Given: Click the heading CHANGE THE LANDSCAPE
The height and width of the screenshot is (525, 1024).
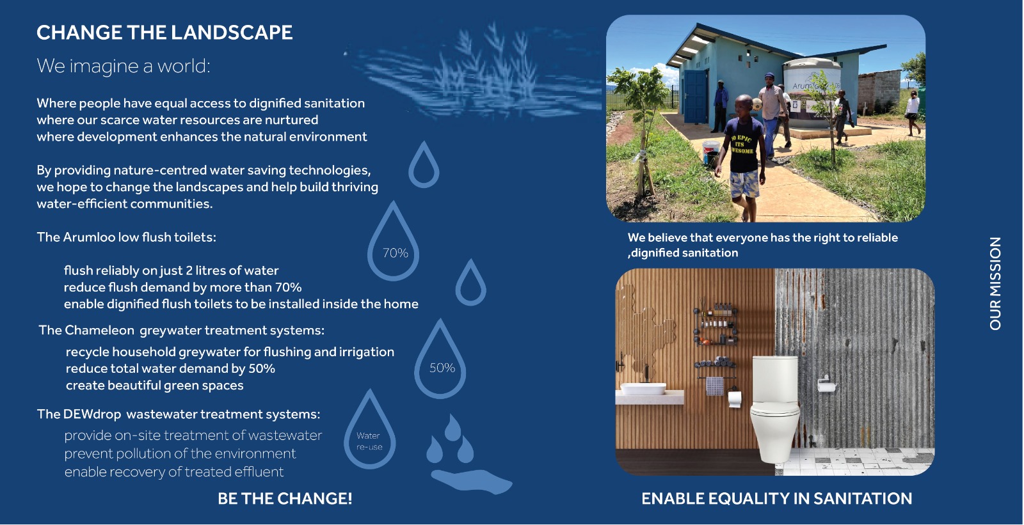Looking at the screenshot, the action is [164, 33].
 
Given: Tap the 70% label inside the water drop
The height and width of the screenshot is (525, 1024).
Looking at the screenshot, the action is [396, 253].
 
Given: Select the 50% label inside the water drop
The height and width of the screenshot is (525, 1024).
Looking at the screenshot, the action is [442, 368].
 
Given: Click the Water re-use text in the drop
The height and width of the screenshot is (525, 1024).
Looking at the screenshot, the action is [369, 441].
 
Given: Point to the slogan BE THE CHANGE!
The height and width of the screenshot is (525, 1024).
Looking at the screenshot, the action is [285, 499].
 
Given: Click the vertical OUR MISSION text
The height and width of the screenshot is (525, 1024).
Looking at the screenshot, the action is [995, 283].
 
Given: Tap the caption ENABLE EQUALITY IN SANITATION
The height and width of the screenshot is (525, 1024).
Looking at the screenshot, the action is [777, 499].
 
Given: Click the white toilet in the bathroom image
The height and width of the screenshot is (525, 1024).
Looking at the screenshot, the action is [775, 409].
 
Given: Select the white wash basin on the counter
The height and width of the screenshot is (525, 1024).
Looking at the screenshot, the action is [643, 389].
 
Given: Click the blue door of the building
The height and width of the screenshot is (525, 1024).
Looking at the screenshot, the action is [695, 97].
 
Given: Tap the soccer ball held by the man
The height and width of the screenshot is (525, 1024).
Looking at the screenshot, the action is [757, 105].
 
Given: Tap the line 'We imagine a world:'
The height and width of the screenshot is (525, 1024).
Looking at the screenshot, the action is [124, 66].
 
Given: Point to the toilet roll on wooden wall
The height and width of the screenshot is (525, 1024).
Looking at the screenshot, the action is [734, 399].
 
